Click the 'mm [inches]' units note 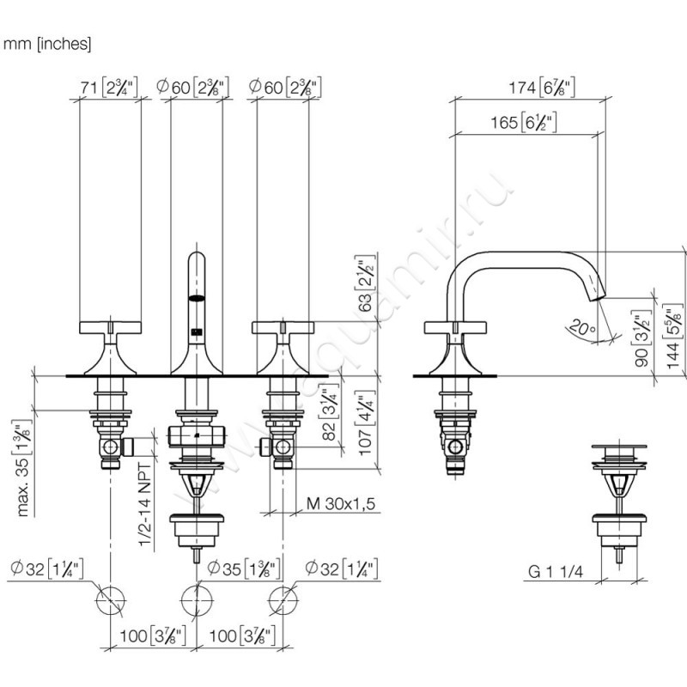[x=48, y=41]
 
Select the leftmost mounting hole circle [x=110, y=599]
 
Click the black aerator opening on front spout [x=197, y=298]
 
